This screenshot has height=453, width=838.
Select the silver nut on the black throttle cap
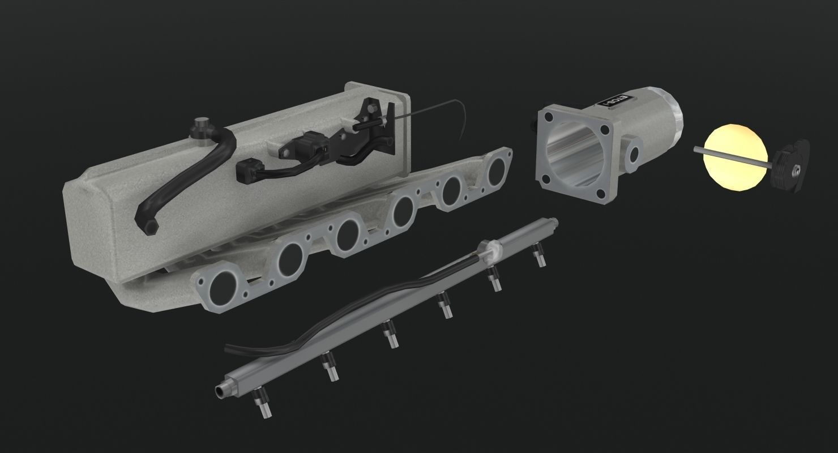[x=796, y=168]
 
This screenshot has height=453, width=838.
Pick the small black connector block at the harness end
[x=245, y=169]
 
